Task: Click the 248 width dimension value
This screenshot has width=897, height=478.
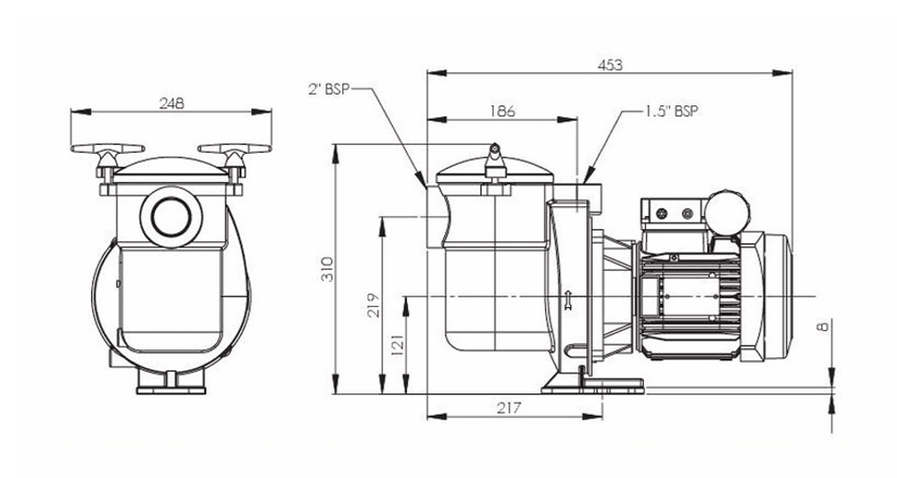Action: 171,103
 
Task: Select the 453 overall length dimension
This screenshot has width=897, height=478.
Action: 610,65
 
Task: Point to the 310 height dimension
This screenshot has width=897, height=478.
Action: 327,268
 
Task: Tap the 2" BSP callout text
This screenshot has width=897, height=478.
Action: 327,88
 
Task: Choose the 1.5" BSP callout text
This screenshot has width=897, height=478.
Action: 671,112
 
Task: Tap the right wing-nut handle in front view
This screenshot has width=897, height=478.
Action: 234,150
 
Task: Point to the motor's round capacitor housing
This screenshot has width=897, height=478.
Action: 725,211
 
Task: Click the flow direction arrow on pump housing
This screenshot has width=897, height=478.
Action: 567,300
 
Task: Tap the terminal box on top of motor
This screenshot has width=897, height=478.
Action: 671,213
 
